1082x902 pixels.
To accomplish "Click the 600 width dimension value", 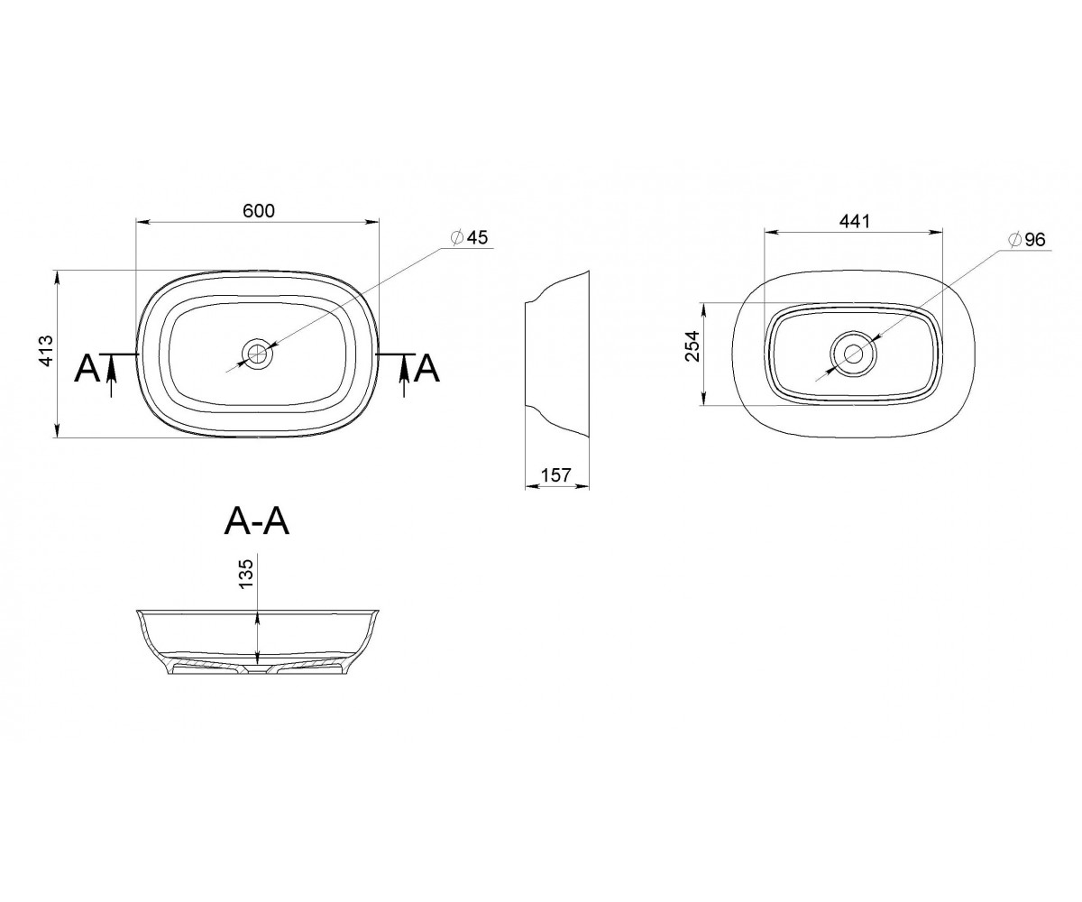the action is click(x=259, y=210).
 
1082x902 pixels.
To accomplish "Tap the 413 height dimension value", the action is click(x=46, y=352).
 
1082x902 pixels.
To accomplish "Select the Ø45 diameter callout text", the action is click(x=470, y=237).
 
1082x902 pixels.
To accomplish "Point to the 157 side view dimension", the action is click(x=556, y=474).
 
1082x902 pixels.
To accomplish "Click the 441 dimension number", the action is click(x=855, y=221).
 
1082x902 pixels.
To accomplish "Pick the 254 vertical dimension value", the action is click(x=692, y=345).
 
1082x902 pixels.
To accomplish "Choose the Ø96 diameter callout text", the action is click(x=1027, y=239).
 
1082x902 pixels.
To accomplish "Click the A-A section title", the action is click(x=256, y=522).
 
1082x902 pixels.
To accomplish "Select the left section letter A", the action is click(x=87, y=369).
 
